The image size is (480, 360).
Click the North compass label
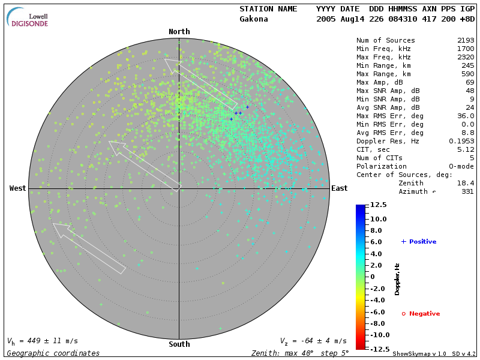tap(179, 32)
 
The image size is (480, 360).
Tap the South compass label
tap(179, 344)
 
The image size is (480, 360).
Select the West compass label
tap(18, 188)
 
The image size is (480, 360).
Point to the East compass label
tap(340, 188)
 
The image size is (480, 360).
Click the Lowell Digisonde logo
tap(28, 18)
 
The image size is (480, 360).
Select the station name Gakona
tap(254, 19)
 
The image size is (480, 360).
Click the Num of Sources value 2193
tap(465, 41)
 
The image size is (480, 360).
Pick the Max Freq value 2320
tap(465, 58)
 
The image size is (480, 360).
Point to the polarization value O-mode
tap(459, 166)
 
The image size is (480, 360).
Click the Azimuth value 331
tap(467, 191)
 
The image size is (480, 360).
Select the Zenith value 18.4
tap(465, 183)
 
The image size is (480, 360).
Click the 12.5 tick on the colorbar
tap(378, 205)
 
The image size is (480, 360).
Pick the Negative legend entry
tap(421, 314)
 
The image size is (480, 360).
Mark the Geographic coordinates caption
tap(53, 353)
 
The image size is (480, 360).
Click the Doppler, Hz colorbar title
tap(397, 278)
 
